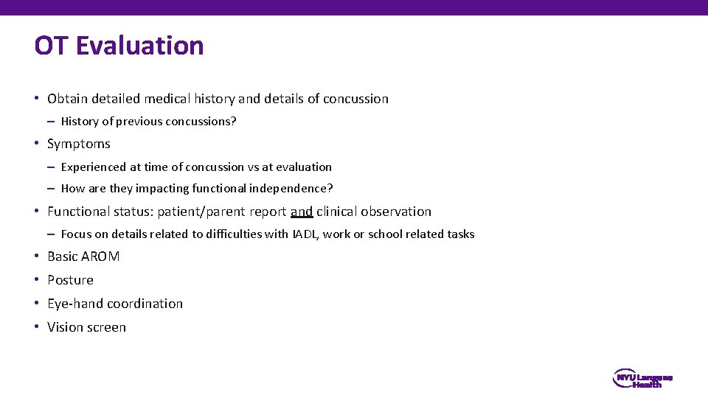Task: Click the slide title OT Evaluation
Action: [119, 46]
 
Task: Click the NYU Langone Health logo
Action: [642, 380]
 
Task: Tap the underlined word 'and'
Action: [302, 212]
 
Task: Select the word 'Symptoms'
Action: [79, 144]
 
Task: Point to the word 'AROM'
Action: [102, 256]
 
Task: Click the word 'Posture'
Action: [70, 280]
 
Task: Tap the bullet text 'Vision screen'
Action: [86, 327]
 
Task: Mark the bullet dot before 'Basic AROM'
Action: [37, 256]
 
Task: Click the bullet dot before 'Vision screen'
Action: [37, 327]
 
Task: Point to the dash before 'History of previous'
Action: [52, 122]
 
